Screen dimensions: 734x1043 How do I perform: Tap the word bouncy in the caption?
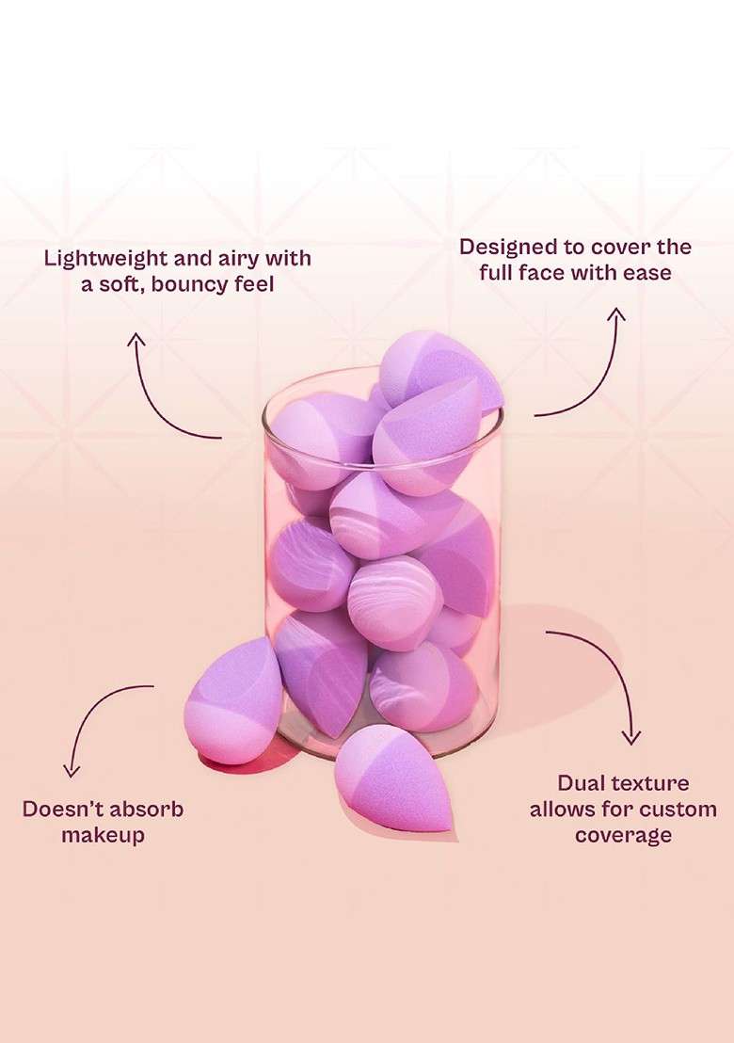(x=190, y=284)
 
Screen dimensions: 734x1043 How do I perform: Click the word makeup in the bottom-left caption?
(x=104, y=836)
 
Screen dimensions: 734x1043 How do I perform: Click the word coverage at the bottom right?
(x=624, y=836)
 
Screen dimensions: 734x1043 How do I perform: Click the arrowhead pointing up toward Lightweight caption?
(x=136, y=339)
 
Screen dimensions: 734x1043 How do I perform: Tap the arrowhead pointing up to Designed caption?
(x=617, y=314)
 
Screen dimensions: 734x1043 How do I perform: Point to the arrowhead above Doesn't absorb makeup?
(x=72, y=770)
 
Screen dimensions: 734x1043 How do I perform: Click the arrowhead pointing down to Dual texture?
(x=630, y=737)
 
